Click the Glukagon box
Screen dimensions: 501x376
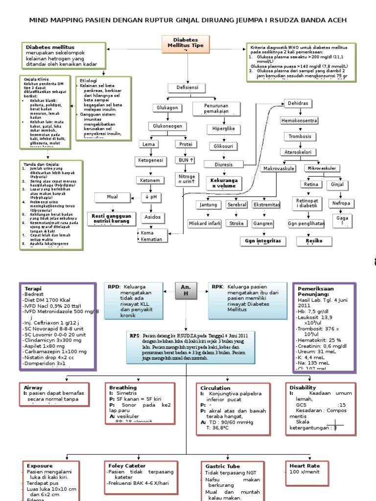[166, 108]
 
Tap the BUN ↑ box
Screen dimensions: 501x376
[185, 160]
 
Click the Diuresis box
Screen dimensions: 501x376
[224, 164]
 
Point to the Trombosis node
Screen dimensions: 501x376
[299, 137]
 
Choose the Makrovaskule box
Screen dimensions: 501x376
[279, 169]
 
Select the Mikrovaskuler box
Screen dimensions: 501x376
[323, 168]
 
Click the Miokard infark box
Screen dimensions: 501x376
[205, 224]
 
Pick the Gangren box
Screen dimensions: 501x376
[263, 224]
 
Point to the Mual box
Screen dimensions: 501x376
[113, 197]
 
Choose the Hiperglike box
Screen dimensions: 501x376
[223, 129]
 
